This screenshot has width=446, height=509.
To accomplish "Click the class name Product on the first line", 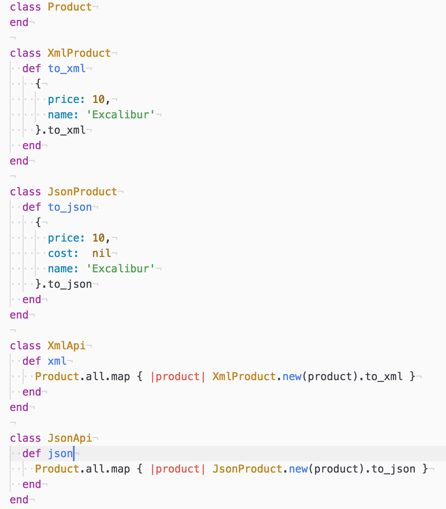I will pyautogui.click(x=70, y=7).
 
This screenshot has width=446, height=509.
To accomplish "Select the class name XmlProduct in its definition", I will pyautogui.click(x=79, y=53).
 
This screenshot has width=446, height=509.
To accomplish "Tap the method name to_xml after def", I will pyautogui.click(x=67, y=68).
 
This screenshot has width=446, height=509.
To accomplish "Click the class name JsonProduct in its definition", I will pyautogui.click(x=82, y=192).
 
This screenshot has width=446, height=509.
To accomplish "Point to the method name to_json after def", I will pyautogui.click(x=70, y=207).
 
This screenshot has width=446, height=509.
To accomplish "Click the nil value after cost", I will pyautogui.click(x=101, y=253).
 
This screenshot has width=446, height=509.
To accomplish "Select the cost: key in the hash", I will pyautogui.click(x=63, y=253).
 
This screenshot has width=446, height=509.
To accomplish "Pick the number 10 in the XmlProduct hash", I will pyautogui.click(x=99, y=99).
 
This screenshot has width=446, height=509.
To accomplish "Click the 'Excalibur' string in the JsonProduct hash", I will pyautogui.click(x=120, y=269).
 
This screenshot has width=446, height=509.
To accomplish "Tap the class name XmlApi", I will pyautogui.click(x=66, y=346).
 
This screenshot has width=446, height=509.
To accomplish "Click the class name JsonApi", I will pyautogui.click(x=70, y=438).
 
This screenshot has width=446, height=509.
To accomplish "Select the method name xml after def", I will pyautogui.click(x=57, y=361).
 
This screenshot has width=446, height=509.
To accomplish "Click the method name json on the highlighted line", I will pyautogui.click(x=60, y=453).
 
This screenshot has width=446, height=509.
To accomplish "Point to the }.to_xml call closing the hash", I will pyautogui.click(x=60, y=130).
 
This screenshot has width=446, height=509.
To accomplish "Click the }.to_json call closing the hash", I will pyautogui.click(x=64, y=284).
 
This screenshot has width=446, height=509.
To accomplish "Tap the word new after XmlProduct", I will pyautogui.click(x=292, y=376).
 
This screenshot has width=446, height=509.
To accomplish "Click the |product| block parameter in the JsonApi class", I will pyautogui.click(x=178, y=469).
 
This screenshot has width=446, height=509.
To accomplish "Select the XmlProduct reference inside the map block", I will pyautogui.click(x=244, y=376).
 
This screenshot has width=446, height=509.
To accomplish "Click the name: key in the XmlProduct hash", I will pyautogui.click(x=63, y=115).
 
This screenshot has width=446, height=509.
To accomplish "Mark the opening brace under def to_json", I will pyautogui.click(x=38, y=222).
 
